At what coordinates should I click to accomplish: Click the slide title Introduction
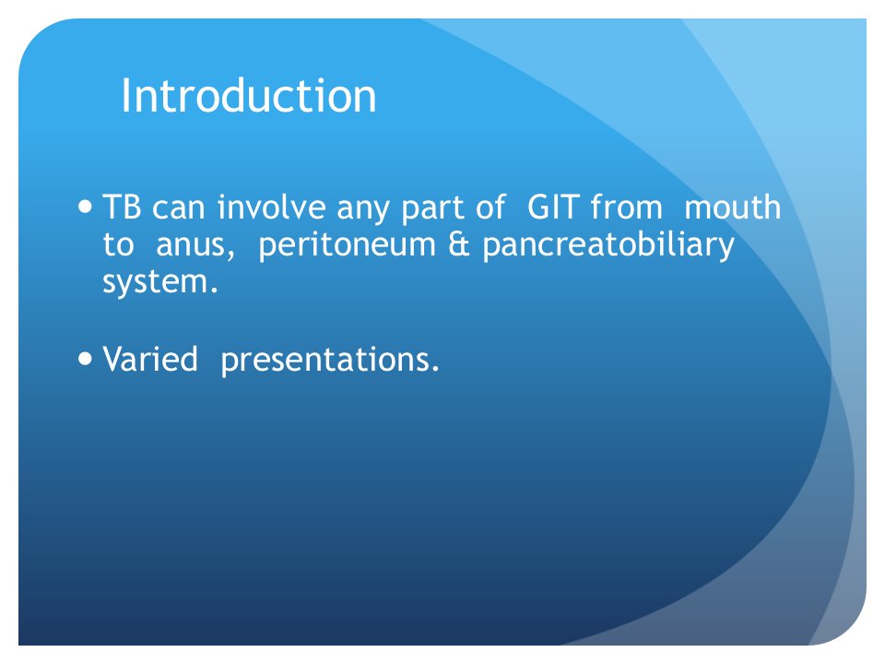click(x=249, y=96)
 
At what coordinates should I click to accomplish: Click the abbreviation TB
click(x=122, y=207)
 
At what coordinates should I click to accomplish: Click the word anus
click(x=195, y=245)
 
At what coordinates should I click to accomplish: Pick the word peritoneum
click(x=348, y=245)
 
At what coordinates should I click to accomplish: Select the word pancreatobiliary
click(x=608, y=245)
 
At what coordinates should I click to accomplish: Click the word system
click(x=159, y=282)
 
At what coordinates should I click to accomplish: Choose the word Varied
click(x=150, y=359)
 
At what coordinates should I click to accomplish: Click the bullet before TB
click(x=85, y=207)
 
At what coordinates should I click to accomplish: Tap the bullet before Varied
click(x=85, y=358)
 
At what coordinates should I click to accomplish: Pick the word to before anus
click(x=119, y=245)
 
